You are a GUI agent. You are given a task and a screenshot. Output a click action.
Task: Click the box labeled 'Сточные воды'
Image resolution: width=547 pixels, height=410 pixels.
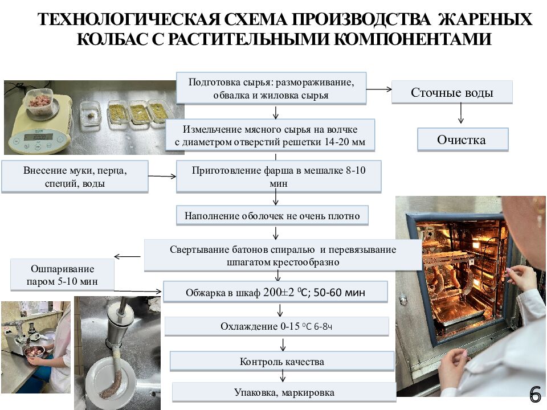(x=452, y=92)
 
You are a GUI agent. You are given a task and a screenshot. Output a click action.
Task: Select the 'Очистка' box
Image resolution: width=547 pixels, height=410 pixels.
(x=462, y=140)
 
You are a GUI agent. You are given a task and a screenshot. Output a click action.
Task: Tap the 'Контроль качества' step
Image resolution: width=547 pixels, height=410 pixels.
(x=281, y=362)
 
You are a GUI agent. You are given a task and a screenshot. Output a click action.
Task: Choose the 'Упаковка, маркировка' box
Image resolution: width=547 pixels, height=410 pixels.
(x=284, y=392)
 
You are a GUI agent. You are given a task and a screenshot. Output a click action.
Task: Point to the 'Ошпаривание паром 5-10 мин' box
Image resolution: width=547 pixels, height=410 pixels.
(x=63, y=275)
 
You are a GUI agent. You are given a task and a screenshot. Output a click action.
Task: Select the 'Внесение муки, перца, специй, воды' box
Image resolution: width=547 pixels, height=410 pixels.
(x=75, y=177)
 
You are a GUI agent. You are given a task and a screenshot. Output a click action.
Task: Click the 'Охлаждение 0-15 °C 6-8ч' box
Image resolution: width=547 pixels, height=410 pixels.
(x=276, y=326)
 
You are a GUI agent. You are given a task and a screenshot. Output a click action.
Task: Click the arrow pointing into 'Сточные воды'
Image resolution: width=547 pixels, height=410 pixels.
(x=379, y=89)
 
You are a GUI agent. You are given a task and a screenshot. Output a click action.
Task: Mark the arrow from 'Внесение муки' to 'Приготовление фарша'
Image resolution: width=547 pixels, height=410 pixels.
(x=162, y=176)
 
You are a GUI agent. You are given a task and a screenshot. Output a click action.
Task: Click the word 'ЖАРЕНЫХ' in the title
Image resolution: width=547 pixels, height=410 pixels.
(x=486, y=20)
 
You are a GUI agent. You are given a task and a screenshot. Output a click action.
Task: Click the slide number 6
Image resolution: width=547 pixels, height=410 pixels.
(x=534, y=394)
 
